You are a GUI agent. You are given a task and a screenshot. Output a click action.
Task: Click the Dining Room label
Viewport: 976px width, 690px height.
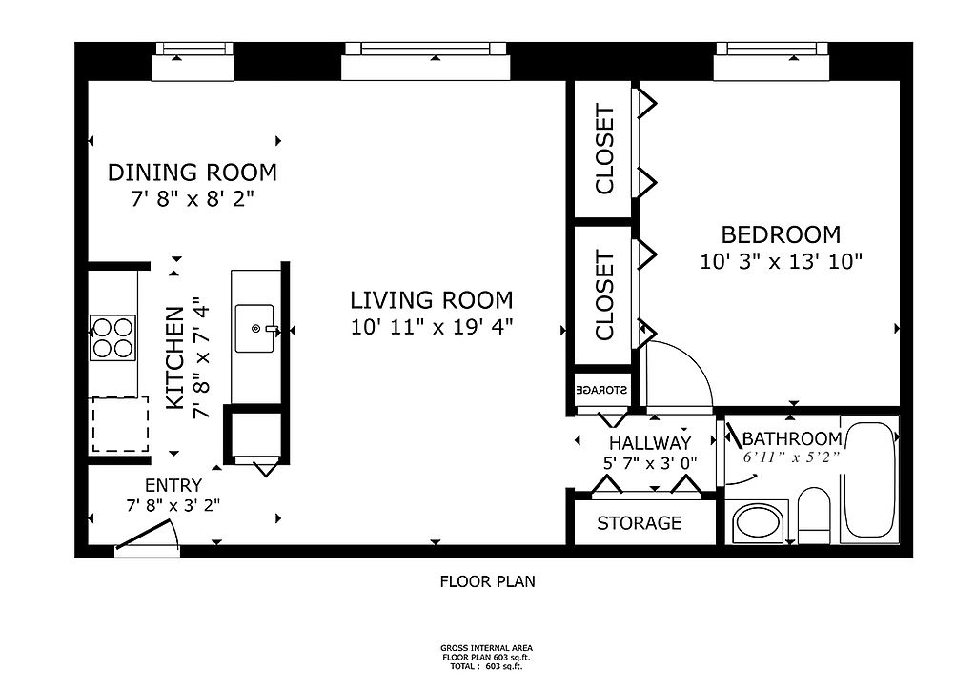(x=193, y=172)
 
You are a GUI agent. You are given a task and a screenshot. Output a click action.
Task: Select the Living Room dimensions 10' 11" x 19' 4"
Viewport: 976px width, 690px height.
(x=432, y=327)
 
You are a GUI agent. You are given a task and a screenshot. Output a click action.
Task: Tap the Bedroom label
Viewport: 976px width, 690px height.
(x=781, y=234)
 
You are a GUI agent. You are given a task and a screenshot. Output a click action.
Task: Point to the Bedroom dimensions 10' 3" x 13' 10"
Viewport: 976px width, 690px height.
(x=782, y=261)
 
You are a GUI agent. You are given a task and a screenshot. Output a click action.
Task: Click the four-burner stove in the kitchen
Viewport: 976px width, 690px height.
(x=112, y=337)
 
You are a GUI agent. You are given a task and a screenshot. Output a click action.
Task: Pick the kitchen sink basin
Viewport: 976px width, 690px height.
(x=254, y=329)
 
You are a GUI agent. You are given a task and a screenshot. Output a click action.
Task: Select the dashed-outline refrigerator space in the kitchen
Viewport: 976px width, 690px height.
(x=121, y=424)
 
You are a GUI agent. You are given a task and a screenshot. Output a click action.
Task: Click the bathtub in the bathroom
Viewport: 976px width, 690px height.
(x=868, y=479)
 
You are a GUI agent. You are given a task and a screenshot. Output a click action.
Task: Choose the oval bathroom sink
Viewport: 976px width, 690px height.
(x=759, y=523)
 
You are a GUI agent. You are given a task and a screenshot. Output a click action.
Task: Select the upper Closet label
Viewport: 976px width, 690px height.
(x=604, y=150)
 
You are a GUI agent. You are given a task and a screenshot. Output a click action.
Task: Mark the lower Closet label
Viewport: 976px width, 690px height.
(x=604, y=295)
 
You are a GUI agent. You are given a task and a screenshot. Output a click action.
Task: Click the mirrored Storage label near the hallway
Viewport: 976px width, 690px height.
(x=602, y=390)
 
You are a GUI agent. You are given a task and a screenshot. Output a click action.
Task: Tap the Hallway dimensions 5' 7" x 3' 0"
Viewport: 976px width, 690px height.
(x=650, y=463)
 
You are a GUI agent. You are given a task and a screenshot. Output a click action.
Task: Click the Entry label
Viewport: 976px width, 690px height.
(x=173, y=485)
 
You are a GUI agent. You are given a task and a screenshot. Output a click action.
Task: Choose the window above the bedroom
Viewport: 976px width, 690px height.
(x=772, y=61)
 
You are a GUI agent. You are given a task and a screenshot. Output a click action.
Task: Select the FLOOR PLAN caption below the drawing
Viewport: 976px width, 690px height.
(x=487, y=581)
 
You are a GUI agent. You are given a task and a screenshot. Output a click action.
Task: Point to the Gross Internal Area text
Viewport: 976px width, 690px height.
(x=487, y=648)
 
